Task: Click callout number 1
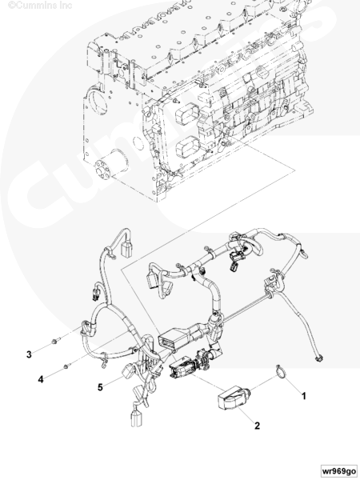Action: tap(303, 396)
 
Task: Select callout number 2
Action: tap(257, 426)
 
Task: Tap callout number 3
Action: tap(29, 354)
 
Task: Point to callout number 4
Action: tap(41, 379)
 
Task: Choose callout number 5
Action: tap(100, 387)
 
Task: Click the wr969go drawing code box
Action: tap(339, 470)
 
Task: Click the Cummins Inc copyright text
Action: tap(40, 6)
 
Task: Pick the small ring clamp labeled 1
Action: tap(282, 371)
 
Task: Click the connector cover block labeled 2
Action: tap(232, 398)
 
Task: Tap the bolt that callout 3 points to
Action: tap(56, 340)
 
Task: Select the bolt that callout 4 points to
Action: tap(67, 366)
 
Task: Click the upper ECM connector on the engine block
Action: tap(186, 114)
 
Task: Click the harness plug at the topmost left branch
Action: tap(127, 249)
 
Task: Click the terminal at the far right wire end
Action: tap(318, 358)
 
